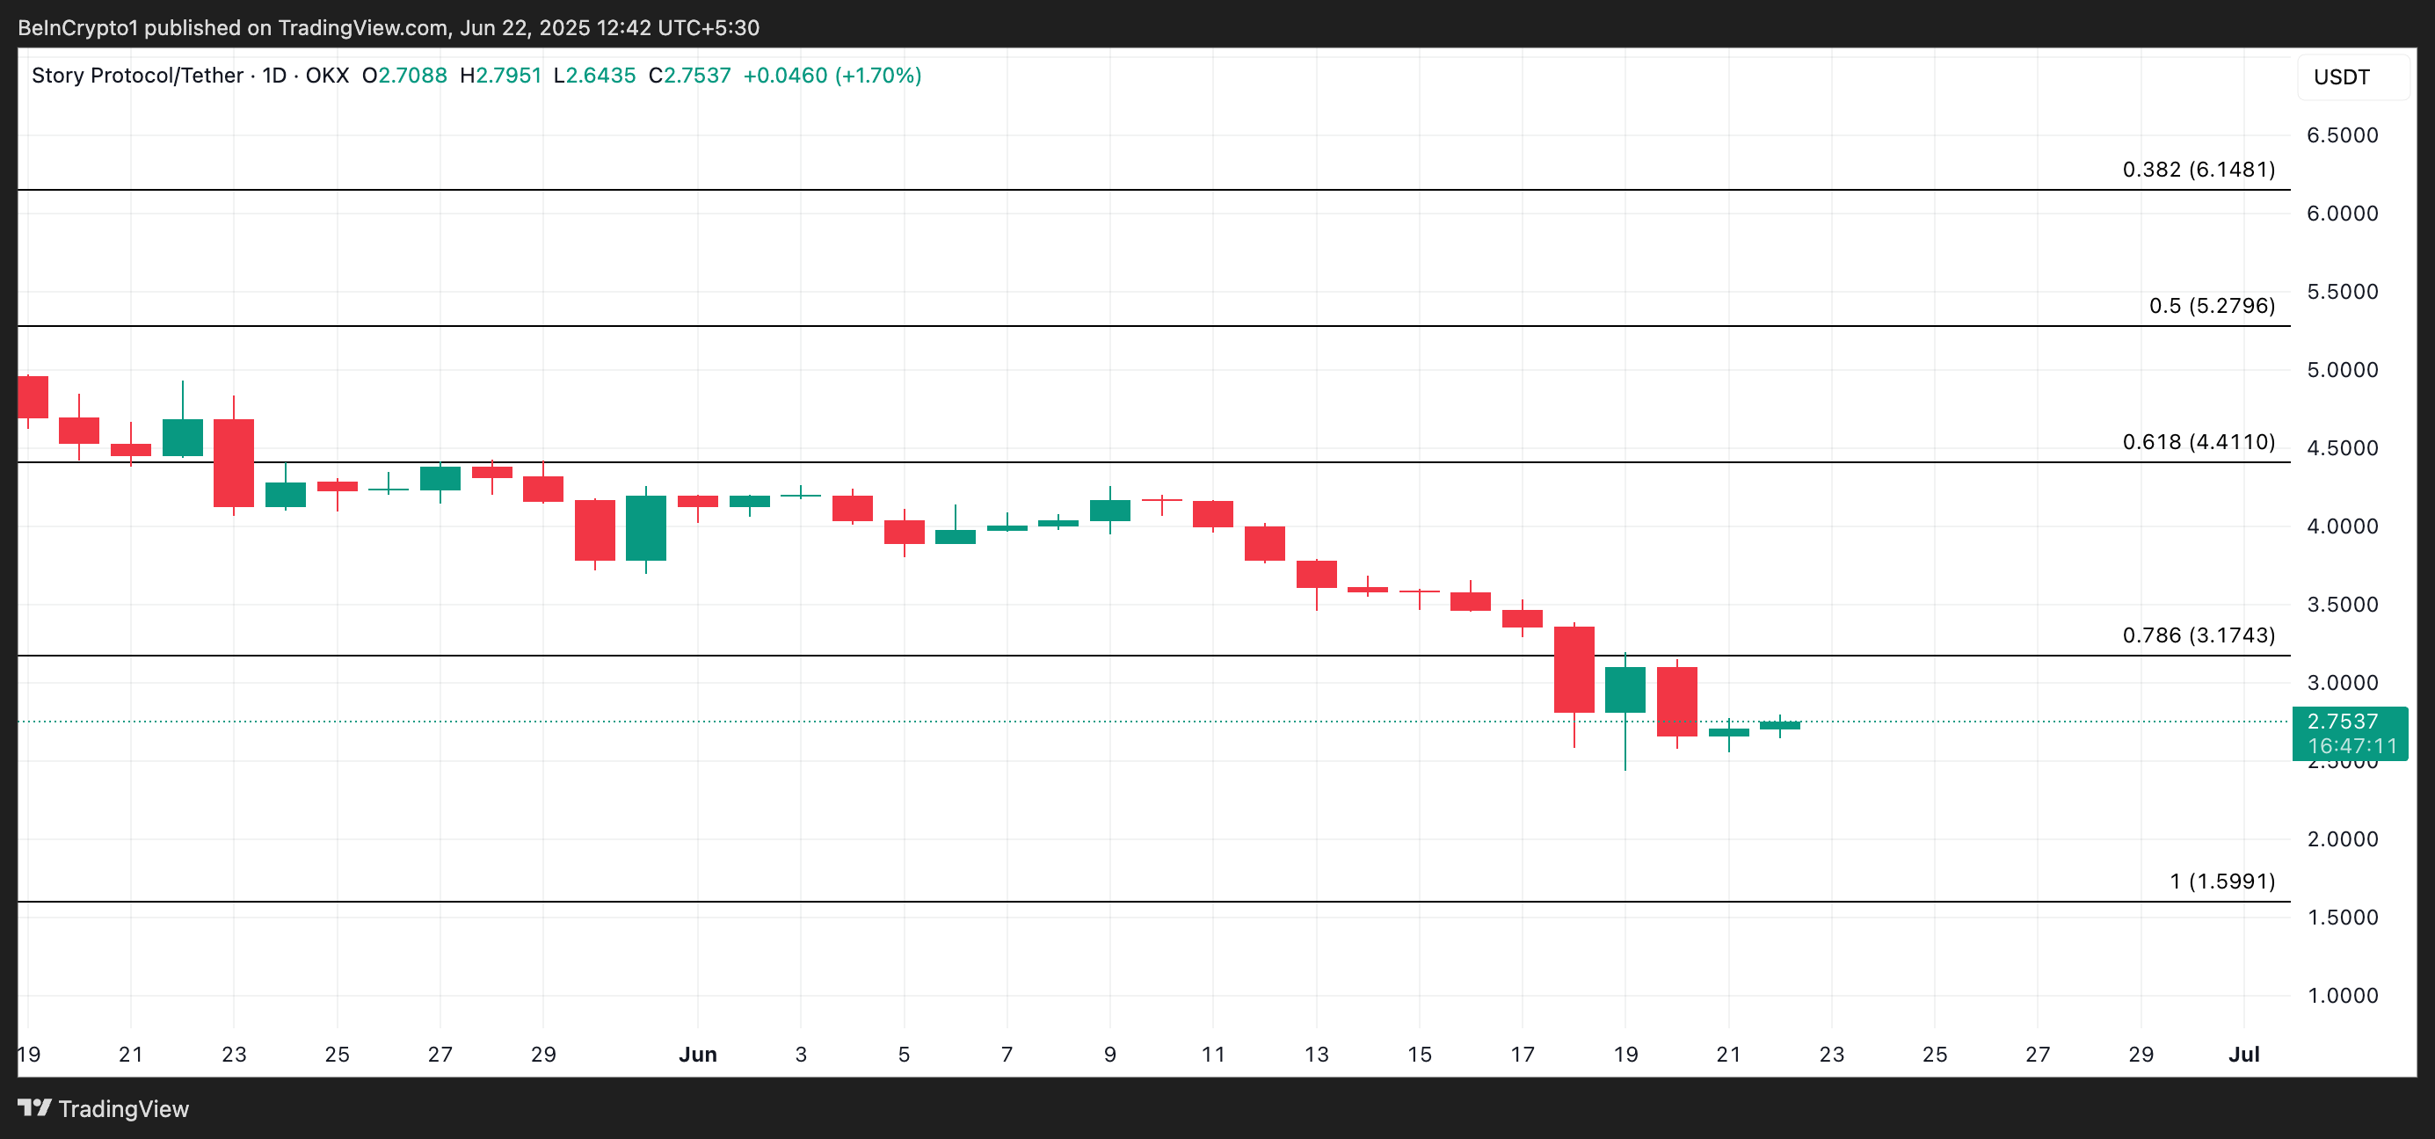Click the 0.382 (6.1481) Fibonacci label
coord(2198,170)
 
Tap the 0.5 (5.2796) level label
coord(2211,305)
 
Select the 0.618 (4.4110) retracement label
coord(2198,441)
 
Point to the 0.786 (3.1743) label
coord(2198,635)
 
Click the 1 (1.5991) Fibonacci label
coord(2221,881)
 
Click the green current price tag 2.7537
coord(2349,733)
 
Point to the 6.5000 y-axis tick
coord(2342,135)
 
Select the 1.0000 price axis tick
coord(2342,996)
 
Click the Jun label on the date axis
coord(698,1054)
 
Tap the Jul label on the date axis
coord(2243,1054)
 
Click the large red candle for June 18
coord(1574,669)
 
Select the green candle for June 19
coord(1625,689)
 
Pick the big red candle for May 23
coord(234,462)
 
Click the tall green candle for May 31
coord(645,527)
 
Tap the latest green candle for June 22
coord(1779,725)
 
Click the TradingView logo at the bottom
coord(103,1109)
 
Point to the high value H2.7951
coord(500,76)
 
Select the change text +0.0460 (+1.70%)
coord(832,76)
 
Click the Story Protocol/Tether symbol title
coord(137,76)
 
